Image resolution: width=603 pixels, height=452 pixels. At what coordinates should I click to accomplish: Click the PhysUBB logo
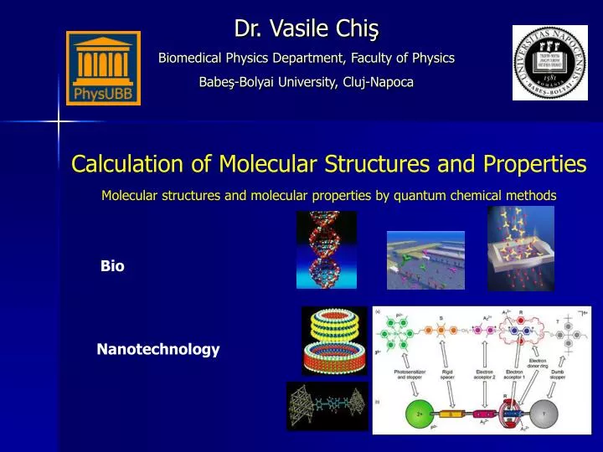tap(103, 68)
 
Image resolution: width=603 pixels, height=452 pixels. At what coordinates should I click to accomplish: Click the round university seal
tap(544, 62)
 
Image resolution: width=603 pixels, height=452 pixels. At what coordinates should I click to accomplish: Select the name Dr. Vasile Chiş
tap(307, 29)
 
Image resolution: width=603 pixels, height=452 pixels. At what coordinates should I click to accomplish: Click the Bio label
tap(112, 266)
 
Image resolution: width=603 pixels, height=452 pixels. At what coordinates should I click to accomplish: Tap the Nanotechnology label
tap(158, 349)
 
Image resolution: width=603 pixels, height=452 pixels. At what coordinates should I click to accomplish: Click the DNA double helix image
tap(326, 249)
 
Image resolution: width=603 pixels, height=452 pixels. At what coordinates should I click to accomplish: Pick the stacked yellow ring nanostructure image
tap(334, 340)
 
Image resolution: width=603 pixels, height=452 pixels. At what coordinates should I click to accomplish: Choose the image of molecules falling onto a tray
tap(520, 249)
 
